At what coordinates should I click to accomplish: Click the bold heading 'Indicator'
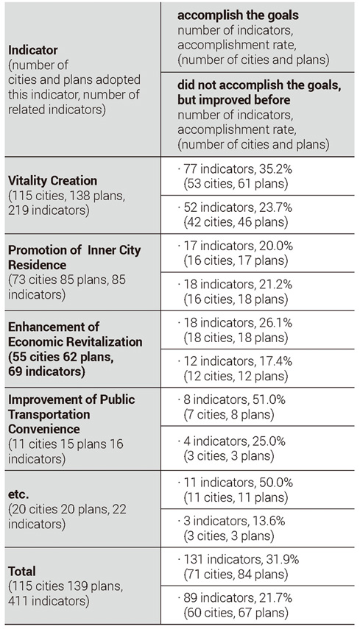coord(33,50)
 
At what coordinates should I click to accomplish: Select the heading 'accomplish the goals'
coord(238,15)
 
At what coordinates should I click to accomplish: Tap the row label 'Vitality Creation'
coord(52,180)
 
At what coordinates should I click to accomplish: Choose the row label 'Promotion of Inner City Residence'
coord(74,257)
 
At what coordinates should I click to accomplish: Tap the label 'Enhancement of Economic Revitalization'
coord(75,334)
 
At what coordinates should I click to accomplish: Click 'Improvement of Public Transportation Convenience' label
coord(71,414)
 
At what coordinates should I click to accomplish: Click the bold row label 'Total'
coord(22,571)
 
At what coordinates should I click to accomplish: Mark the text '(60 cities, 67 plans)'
coord(236,613)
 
